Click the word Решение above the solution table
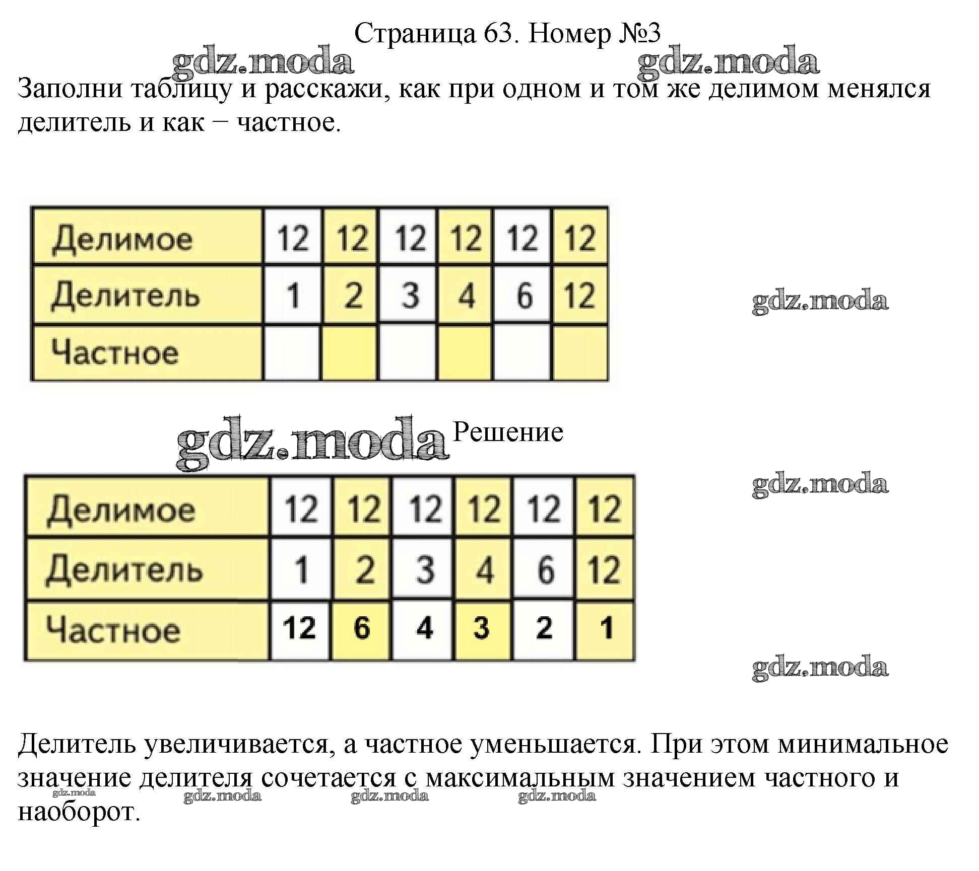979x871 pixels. coord(508,432)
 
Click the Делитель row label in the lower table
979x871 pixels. coord(124,569)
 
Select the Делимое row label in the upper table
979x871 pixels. coord(122,239)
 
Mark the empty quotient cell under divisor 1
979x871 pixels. coord(292,352)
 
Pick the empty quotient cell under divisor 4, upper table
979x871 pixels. coord(465,352)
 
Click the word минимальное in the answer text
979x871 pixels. coord(863,744)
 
